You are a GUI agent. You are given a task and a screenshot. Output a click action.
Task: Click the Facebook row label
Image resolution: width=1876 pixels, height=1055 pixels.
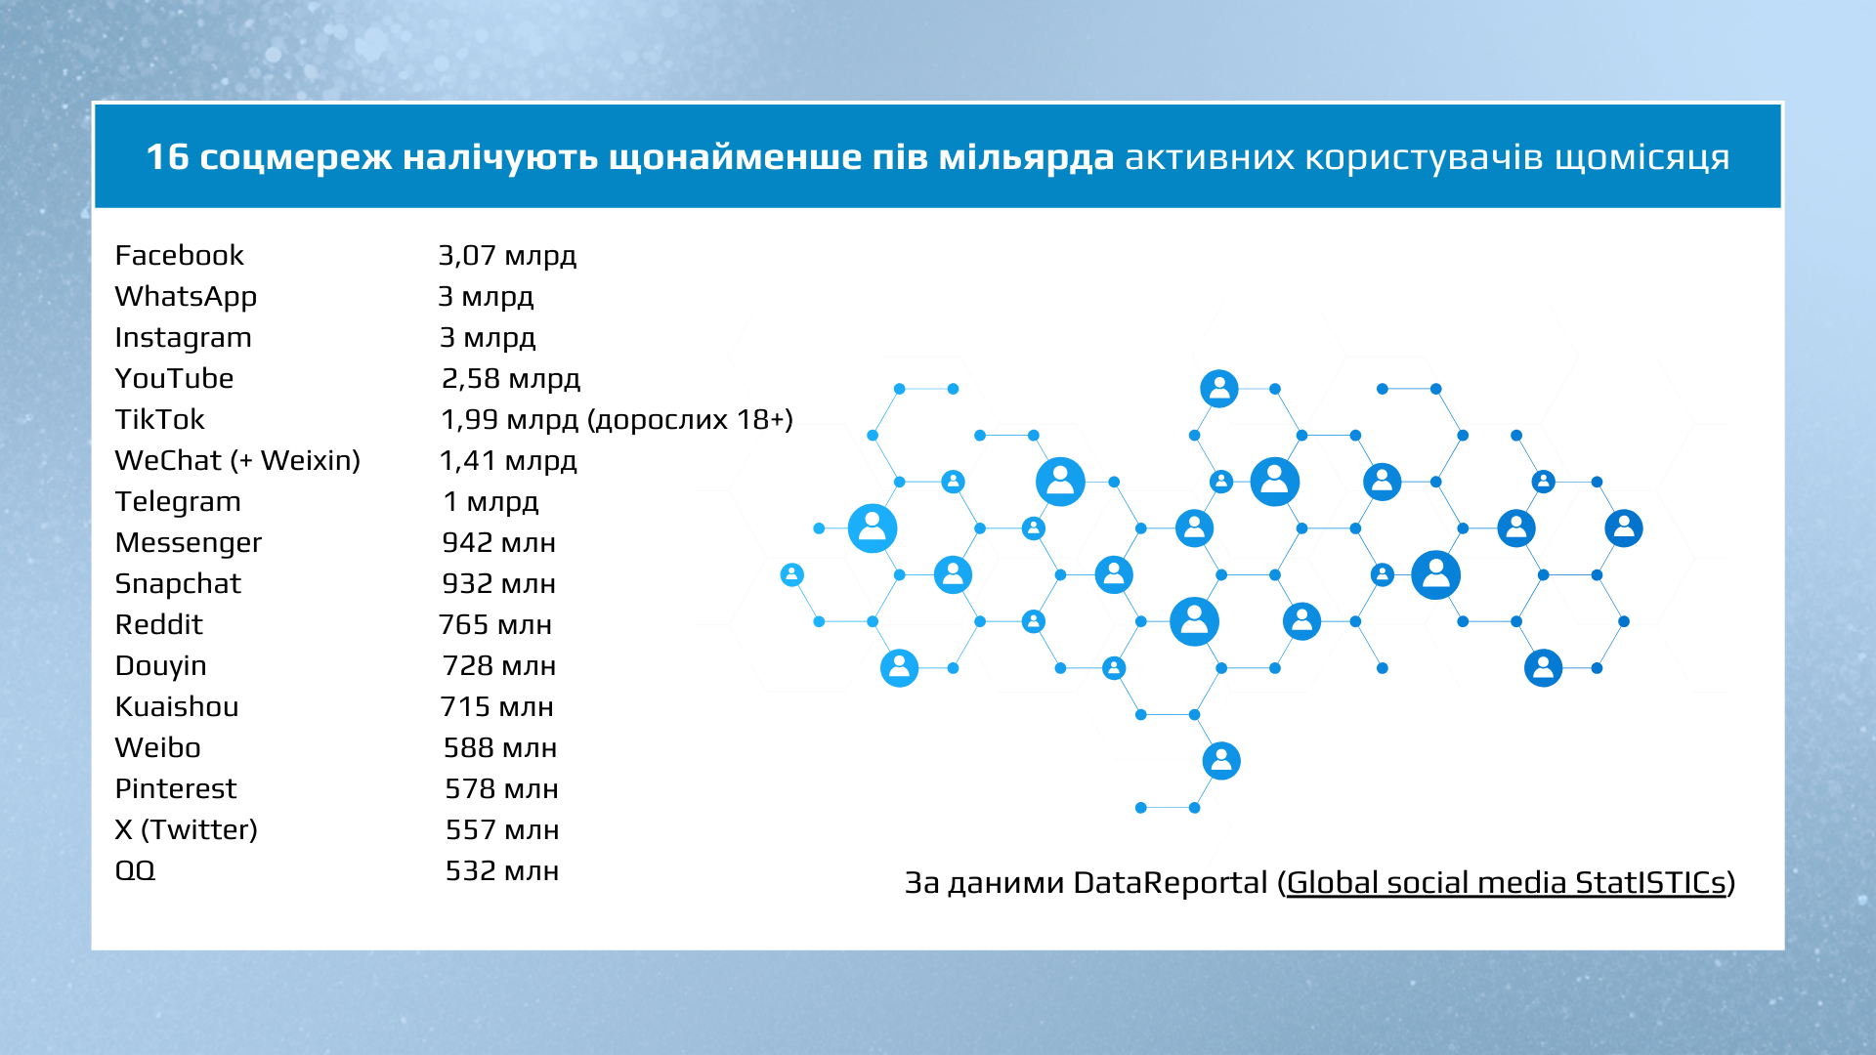point(179,255)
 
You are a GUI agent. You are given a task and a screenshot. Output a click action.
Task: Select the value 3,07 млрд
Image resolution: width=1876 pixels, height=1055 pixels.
point(507,256)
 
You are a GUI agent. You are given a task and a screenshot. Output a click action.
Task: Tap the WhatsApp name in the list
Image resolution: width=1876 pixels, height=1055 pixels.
point(186,297)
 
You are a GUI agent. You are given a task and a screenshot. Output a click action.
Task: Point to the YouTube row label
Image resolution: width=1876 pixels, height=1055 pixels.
point(174,378)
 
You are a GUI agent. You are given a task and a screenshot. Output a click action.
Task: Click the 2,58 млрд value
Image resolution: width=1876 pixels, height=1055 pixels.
point(511,379)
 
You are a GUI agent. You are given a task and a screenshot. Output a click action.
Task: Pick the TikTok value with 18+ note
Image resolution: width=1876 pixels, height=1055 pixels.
point(617,420)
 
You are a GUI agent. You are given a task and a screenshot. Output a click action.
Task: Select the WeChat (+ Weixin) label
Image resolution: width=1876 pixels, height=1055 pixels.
point(237,461)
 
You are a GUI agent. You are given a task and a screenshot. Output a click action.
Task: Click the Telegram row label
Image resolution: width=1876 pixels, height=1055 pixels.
point(178,502)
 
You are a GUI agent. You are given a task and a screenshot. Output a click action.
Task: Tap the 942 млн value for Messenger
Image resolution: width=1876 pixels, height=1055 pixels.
point(498,542)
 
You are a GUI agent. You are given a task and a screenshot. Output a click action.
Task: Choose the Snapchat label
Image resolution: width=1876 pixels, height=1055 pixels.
point(178,584)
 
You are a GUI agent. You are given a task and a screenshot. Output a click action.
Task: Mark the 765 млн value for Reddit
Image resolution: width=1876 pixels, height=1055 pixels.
point(495,624)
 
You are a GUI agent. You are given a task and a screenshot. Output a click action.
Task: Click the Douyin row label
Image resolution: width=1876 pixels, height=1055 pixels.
point(160,666)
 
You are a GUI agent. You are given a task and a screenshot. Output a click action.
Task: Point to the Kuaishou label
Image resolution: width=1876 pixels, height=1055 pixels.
point(177,706)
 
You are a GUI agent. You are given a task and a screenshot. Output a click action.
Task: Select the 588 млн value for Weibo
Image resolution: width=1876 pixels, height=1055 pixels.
point(500,747)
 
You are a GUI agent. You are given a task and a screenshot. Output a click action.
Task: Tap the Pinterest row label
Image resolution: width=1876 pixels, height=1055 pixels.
point(176,788)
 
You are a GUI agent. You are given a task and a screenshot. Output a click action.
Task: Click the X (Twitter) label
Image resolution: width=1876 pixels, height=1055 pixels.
point(186,830)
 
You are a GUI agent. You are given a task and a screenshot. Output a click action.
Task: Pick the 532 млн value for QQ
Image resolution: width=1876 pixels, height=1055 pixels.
point(502,870)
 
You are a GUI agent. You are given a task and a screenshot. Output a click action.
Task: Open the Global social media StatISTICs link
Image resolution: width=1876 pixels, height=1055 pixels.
point(1506,883)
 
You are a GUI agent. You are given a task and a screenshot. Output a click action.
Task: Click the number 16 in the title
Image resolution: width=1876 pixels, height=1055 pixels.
point(167,157)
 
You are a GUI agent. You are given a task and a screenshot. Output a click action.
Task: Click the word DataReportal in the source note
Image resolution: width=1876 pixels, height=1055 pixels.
point(1171,883)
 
